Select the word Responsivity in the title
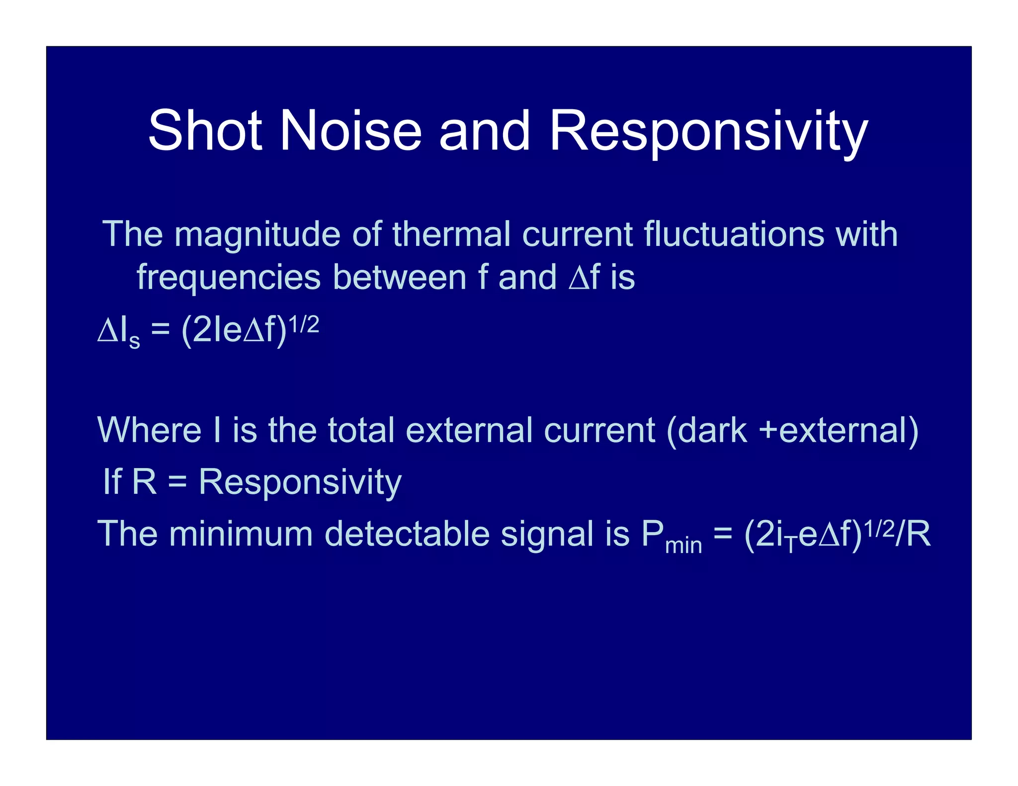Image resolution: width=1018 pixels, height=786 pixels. (x=708, y=132)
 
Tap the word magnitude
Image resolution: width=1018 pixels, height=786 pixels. (x=257, y=235)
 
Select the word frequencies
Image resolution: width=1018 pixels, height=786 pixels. (x=229, y=278)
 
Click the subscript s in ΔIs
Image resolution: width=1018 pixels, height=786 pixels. (x=134, y=341)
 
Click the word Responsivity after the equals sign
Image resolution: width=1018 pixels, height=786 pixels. (x=300, y=482)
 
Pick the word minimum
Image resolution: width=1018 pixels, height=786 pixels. (x=241, y=534)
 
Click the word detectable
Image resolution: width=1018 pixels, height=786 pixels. (x=407, y=534)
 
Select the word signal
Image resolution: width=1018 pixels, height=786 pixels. (x=547, y=535)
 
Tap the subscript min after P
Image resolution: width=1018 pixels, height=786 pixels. (x=683, y=546)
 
